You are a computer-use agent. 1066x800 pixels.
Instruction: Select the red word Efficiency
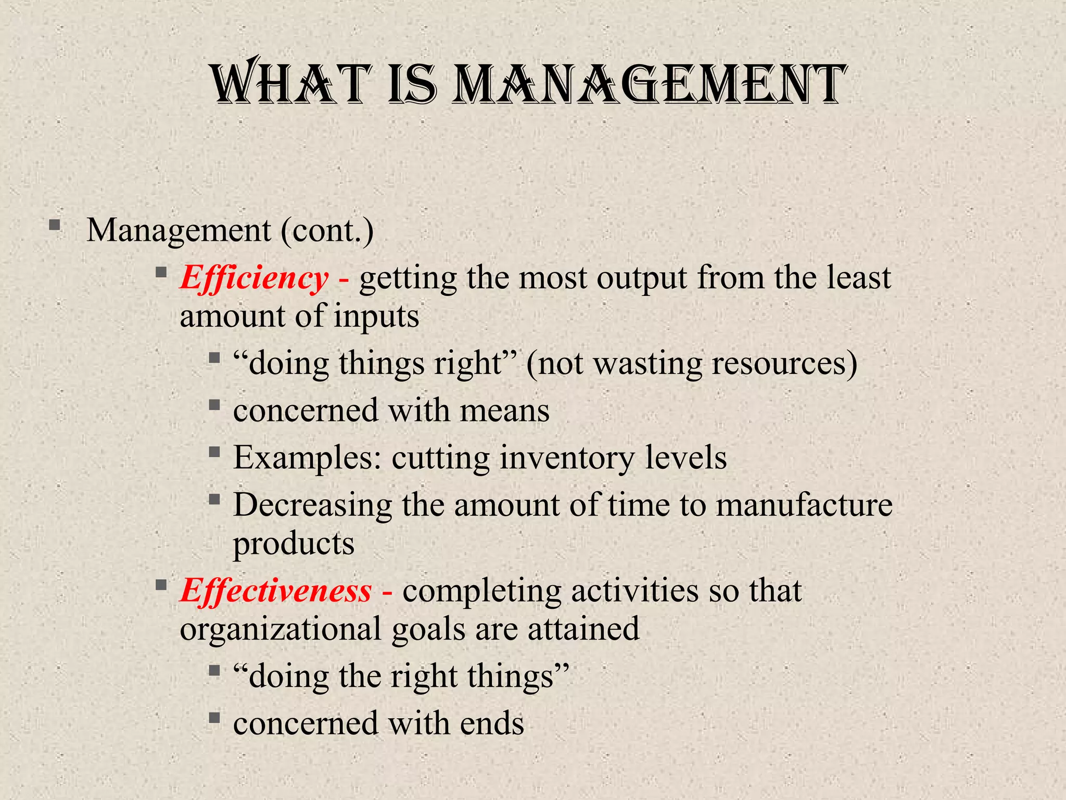tap(254, 278)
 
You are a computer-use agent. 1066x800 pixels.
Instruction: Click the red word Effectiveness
tap(276, 591)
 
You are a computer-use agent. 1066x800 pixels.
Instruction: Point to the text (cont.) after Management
tap(327, 230)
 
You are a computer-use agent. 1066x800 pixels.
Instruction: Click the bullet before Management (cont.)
tap(54, 226)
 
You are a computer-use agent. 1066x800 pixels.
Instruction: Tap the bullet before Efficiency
tap(161, 272)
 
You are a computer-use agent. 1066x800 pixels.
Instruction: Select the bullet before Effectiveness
tap(161, 585)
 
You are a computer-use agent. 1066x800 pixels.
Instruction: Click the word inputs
tap(376, 316)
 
